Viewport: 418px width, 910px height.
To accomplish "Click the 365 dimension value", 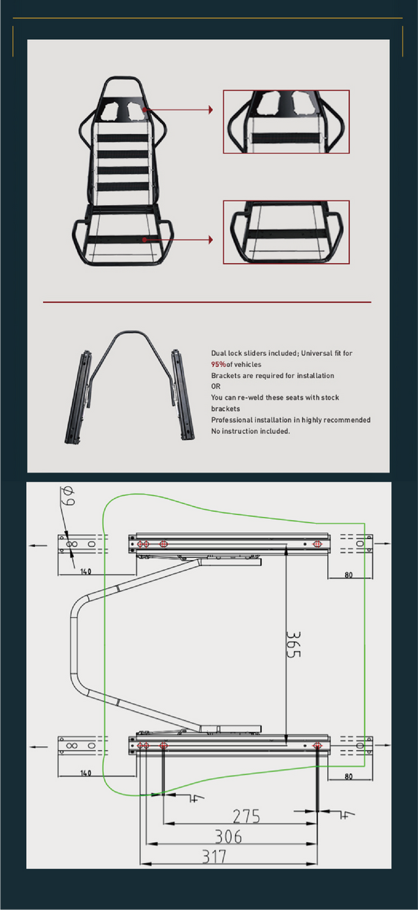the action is [x=293, y=644].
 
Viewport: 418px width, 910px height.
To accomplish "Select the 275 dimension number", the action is [x=246, y=816].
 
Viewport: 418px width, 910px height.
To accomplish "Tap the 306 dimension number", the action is [x=228, y=836].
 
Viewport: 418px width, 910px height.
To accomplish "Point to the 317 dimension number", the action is [x=214, y=856].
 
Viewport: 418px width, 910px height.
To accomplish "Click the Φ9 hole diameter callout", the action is [x=67, y=496].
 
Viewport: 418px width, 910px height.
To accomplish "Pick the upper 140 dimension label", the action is [x=86, y=572].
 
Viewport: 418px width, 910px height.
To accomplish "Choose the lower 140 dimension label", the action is [x=86, y=773].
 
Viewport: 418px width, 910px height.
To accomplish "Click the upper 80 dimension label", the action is [x=349, y=575].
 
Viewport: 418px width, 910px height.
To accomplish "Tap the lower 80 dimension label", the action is [x=349, y=776].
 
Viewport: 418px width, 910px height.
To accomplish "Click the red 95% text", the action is [x=218, y=364].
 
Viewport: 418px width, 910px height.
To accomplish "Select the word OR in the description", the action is [x=216, y=386].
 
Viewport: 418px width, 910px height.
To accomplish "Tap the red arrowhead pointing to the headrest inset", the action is [x=210, y=110].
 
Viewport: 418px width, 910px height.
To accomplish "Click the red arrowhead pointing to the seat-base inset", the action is [x=210, y=240].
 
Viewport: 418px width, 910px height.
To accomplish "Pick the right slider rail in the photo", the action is [x=183, y=394].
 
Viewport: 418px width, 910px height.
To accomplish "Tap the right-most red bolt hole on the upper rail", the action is [x=317, y=544].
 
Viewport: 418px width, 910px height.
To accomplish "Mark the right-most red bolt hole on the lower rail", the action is [x=317, y=745].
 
